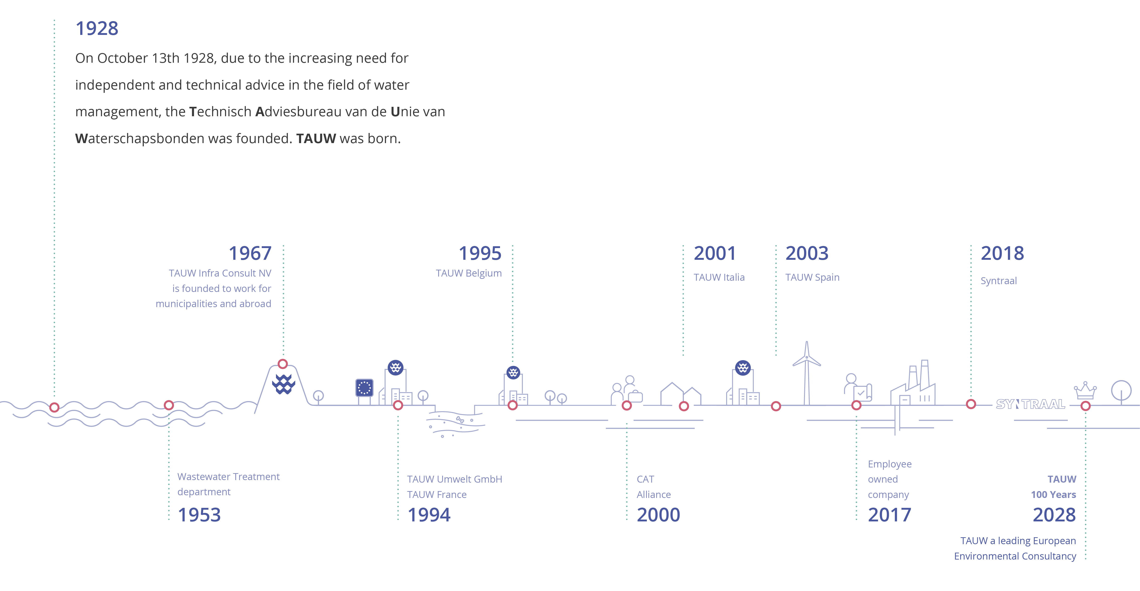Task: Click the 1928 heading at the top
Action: [97, 29]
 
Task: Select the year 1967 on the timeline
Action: [250, 254]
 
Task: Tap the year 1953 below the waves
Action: [199, 515]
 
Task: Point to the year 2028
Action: [1054, 515]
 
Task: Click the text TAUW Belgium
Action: [469, 273]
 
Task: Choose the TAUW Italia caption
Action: [719, 277]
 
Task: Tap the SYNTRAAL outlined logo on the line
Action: [1030, 404]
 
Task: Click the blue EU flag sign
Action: [364, 388]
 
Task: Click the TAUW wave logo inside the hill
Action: [284, 384]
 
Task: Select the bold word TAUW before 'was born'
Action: [316, 139]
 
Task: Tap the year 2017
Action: [890, 515]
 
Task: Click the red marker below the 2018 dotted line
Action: [971, 404]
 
